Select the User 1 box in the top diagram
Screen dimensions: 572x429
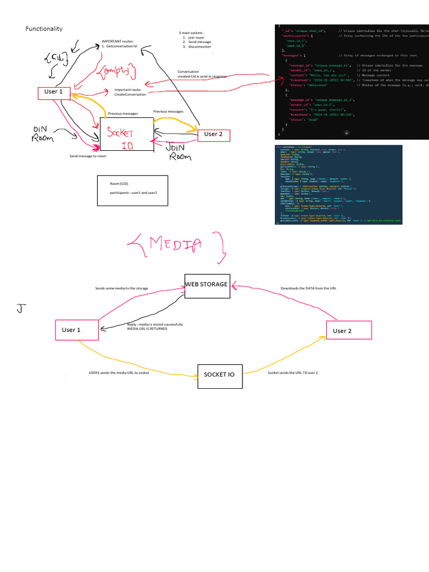pyautogui.click(x=54, y=93)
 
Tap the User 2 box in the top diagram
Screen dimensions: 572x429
pyautogui.click(x=213, y=134)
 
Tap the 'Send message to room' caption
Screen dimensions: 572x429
pyautogui.click(x=88, y=156)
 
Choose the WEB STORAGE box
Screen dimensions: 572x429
pyautogui.click(x=207, y=284)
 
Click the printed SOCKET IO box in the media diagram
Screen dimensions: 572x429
pyautogui.click(x=220, y=375)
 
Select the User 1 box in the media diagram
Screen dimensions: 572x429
pyautogui.click(x=77, y=330)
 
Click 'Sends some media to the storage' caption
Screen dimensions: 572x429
pyautogui.click(x=121, y=289)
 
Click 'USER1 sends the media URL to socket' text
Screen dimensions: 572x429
pyautogui.click(x=118, y=372)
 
